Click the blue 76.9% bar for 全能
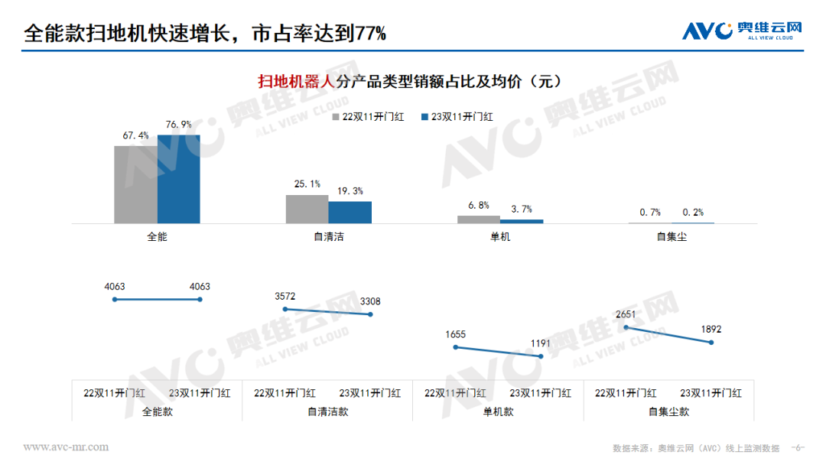coord(178,179)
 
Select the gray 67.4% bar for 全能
coord(135,184)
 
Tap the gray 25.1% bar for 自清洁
coord(307,209)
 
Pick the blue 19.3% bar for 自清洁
coord(350,212)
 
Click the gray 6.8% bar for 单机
coord(479,219)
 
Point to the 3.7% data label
coord(522,209)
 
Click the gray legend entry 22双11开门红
coord(367,117)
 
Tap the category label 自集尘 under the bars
coord(672,237)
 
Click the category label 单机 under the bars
coord(500,237)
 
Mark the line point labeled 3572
coord(285,309)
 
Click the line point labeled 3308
coord(371,314)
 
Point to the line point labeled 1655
coord(456,347)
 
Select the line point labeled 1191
coord(541,356)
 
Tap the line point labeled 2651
coord(626,327)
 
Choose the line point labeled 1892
coord(712,343)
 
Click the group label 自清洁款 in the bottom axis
coord(327,411)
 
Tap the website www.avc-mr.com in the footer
coord(66,447)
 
